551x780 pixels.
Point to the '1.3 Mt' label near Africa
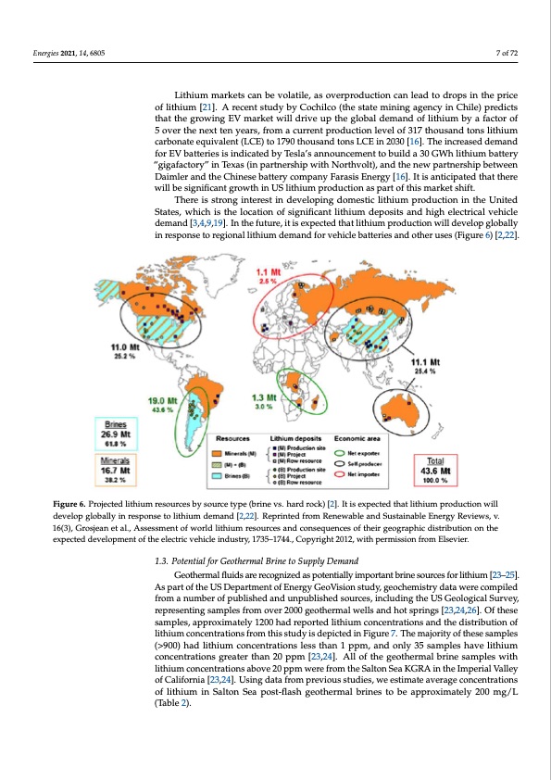pos(266,396)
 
